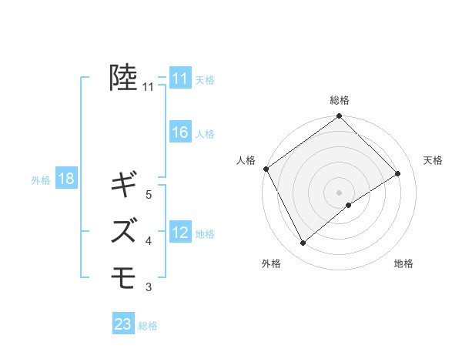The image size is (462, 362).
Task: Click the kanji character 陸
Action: coord(124,78)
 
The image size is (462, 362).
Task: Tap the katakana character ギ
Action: coord(125,185)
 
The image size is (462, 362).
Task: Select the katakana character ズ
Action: coord(125,230)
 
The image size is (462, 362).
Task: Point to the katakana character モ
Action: coord(125,275)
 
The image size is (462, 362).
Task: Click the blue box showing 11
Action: coord(180,78)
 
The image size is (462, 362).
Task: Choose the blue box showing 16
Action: coord(180,132)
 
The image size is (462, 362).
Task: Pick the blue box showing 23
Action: coord(123,324)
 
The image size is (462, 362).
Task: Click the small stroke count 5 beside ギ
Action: coord(149,195)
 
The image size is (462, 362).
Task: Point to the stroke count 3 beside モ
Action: coord(149,287)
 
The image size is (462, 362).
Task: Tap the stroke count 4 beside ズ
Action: coord(149,241)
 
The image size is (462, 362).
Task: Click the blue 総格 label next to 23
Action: coord(148,326)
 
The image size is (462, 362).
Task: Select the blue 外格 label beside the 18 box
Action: coord(41,180)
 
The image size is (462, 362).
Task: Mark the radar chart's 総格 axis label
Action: coord(340,100)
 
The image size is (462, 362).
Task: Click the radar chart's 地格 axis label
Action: coord(403,263)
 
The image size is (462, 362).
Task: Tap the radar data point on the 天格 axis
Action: coord(398,174)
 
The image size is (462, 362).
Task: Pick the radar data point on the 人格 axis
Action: coord(266,169)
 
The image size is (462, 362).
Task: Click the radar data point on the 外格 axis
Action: coord(303,243)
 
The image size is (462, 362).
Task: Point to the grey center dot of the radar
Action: coord(339,192)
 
